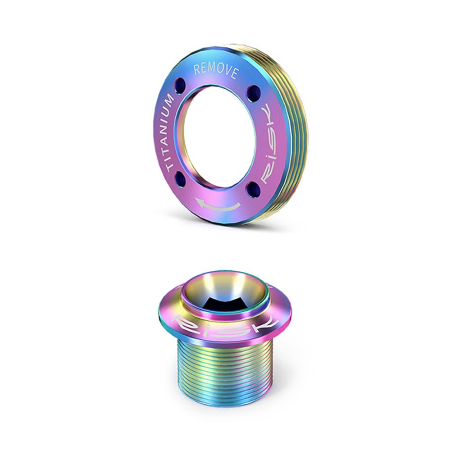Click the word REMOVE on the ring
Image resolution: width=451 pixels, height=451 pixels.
point(217,71)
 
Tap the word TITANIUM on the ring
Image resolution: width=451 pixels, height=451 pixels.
point(169,133)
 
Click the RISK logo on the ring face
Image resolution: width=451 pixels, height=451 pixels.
point(269,144)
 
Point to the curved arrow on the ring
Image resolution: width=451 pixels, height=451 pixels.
point(217,204)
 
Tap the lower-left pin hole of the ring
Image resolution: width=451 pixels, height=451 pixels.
point(179,176)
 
